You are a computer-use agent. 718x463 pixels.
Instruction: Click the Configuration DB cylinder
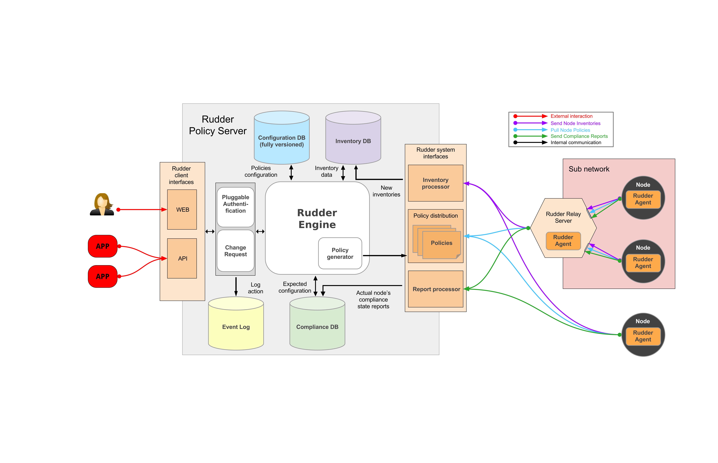[x=282, y=141]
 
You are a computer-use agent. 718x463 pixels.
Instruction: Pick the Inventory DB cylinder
[x=353, y=141]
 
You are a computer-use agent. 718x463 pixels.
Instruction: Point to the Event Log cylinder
[x=236, y=327]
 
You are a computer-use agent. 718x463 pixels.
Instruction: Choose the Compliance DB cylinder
[x=317, y=327]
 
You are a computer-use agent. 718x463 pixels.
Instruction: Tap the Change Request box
[x=235, y=251]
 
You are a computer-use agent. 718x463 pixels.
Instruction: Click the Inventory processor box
[x=435, y=183]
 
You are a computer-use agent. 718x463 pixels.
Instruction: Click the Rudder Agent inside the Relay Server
[x=563, y=241]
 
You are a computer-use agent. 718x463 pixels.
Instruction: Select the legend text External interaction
[x=571, y=116]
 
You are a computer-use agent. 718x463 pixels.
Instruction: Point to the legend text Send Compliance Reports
[x=579, y=136]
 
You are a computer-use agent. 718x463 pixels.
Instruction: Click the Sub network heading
[x=589, y=169]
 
